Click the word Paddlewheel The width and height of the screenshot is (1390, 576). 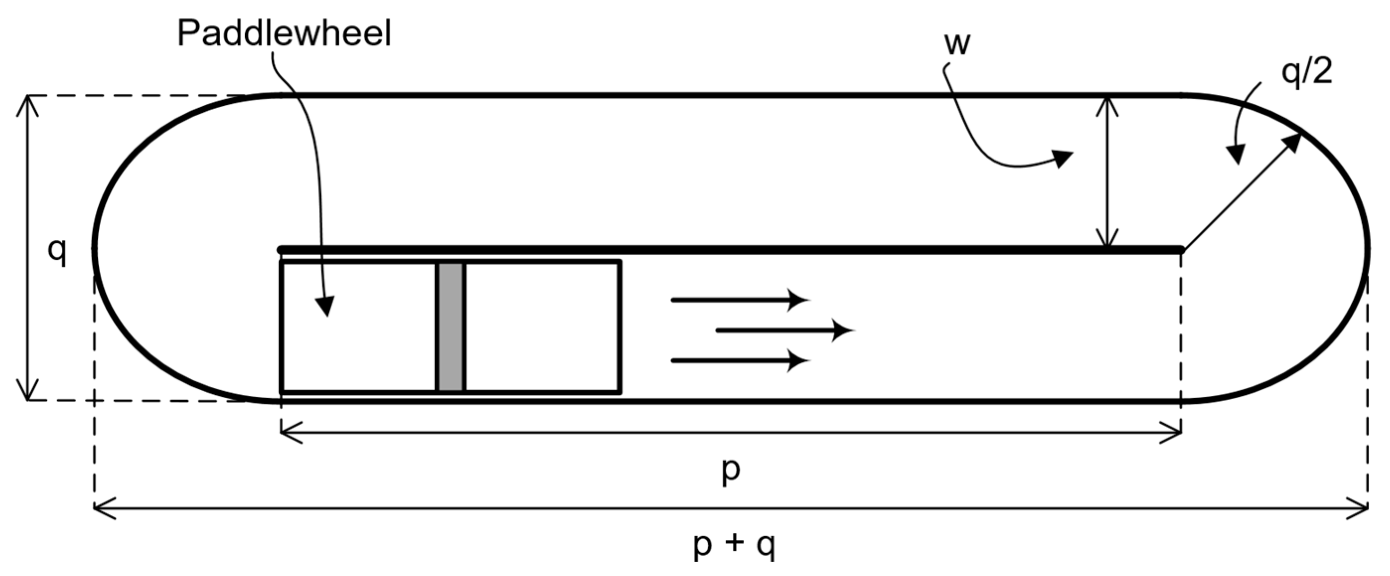pos(284,33)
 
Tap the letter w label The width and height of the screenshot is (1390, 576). pos(957,44)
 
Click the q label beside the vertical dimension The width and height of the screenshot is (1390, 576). pos(57,251)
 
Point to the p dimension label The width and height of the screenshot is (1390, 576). pos(731,471)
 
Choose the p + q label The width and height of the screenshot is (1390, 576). pos(734,546)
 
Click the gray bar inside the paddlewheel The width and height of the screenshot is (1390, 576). pos(450,327)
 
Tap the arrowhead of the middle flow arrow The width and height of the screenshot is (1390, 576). pos(845,330)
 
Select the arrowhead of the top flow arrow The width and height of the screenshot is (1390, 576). pos(801,300)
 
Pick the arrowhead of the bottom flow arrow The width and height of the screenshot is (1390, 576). pos(801,360)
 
